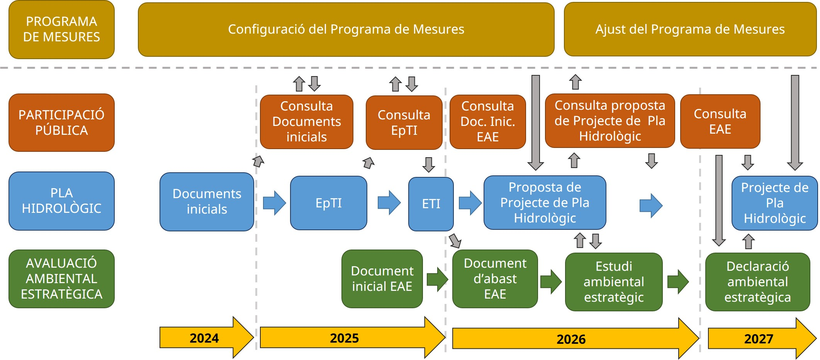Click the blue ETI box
[431, 204]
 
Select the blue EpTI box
[329, 203]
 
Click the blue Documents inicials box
[207, 202]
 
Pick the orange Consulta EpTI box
[404, 122]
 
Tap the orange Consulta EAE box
[720, 122]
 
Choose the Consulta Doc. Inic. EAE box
[488, 122]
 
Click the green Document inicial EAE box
[382, 279]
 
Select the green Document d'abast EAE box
[495, 279]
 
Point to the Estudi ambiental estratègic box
[614, 282]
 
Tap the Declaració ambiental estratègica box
[757, 282]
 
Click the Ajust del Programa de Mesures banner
[690, 29]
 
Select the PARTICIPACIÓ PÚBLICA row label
[61, 122]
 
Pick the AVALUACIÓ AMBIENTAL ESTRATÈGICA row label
[61, 279]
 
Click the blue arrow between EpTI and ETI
[389, 202]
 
